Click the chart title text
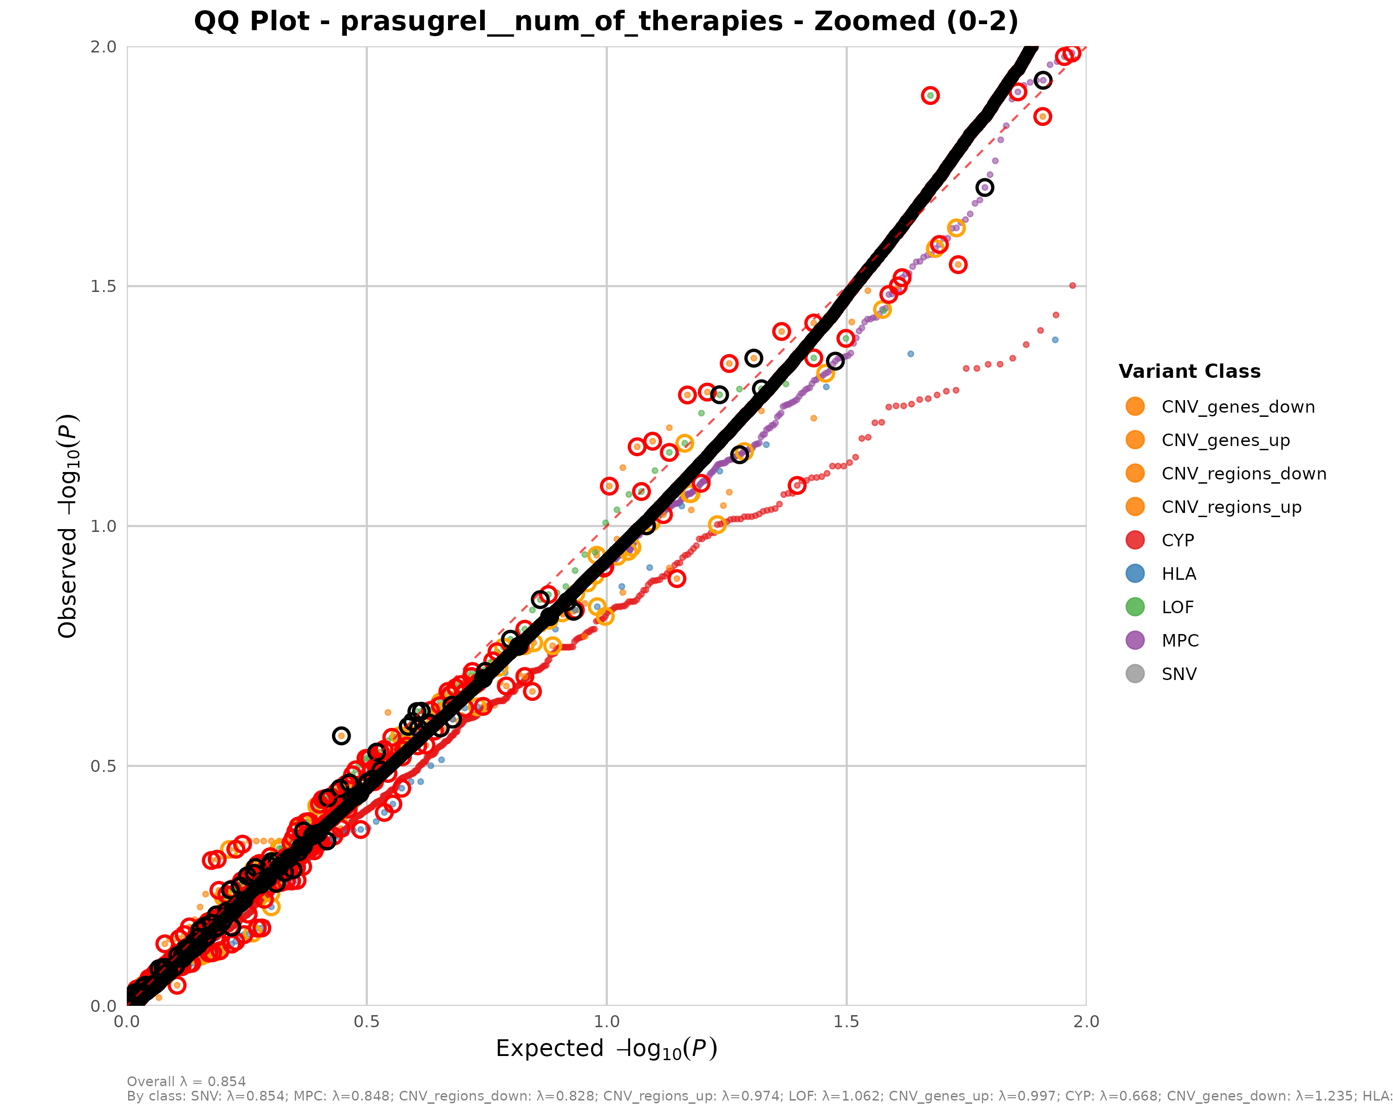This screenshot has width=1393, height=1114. click(x=606, y=21)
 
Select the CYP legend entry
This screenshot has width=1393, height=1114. click(x=1177, y=541)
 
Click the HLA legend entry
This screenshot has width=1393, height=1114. click(x=1178, y=574)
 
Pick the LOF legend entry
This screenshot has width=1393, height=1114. click(x=1177, y=608)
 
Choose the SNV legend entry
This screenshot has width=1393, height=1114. click(x=1178, y=674)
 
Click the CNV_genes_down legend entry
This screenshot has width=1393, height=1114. click(x=1237, y=407)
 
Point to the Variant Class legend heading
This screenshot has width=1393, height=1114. click(x=1189, y=371)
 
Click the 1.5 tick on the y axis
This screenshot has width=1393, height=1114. click(x=104, y=286)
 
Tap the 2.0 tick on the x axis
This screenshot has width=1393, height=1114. click(x=1086, y=1021)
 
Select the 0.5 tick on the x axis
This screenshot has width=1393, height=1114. click(x=366, y=1021)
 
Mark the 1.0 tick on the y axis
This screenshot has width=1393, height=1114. click(x=104, y=526)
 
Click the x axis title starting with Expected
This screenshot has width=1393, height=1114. click(x=606, y=1049)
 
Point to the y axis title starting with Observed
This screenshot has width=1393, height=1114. click(x=68, y=526)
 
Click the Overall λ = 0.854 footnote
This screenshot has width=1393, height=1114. click(x=186, y=1082)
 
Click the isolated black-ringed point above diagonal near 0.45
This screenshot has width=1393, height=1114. click(x=341, y=736)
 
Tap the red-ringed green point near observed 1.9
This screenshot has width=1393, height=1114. click(x=930, y=96)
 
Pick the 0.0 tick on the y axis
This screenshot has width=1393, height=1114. click(x=104, y=1005)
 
